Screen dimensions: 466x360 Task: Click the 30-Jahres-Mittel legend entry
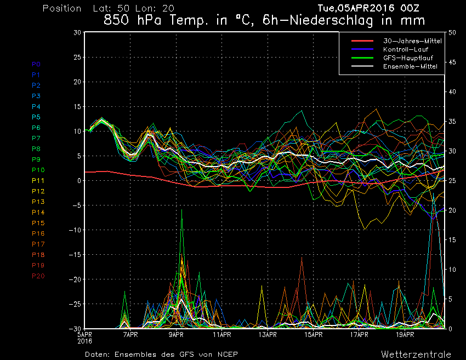click(412, 41)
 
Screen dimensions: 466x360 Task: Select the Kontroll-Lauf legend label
click(406, 49)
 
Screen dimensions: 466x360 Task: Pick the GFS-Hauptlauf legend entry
click(408, 58)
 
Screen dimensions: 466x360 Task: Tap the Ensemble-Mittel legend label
click(410, 66)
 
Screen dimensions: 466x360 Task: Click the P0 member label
click(36, 64)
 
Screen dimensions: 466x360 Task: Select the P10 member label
click(38, 170)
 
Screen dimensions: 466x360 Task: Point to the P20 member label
click(38, 276)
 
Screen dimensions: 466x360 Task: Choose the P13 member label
click(38, 202)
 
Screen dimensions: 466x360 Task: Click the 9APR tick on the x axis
click(176, 335)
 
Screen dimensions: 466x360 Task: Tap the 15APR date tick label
click(314, 335)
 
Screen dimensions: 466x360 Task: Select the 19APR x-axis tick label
click(405, 335)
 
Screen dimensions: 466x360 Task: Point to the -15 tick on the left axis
click(75, 255)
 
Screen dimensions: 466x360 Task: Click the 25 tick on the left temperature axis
click(77, 57)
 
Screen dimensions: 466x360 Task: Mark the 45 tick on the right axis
click(452, 62)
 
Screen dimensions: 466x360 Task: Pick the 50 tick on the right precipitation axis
click(452, 32)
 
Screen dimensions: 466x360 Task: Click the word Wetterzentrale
click(416, 355)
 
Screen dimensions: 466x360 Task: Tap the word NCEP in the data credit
click(228, 355)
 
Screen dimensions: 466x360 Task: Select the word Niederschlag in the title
click(331, 20)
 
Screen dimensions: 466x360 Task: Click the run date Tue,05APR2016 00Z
click(368, 8)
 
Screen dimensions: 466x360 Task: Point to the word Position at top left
click(62, 8)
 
